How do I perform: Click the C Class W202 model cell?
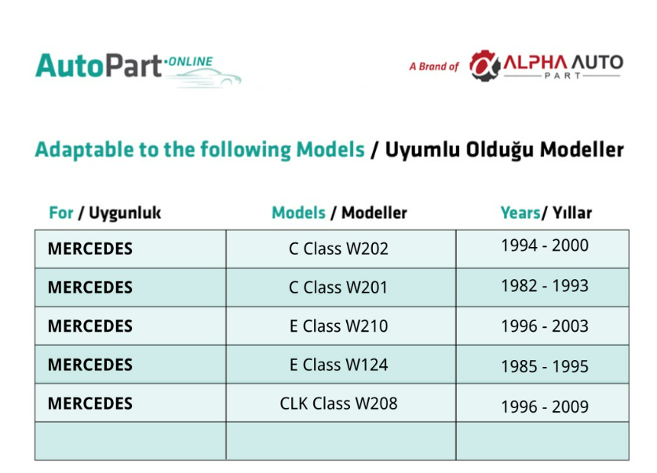click(x=338, y=249)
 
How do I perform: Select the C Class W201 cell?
click(x=338, y=287)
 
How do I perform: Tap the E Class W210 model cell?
click(x=338, y=326)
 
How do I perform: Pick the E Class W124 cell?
click(x=338, y=365)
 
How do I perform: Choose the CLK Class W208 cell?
click(x=338, y=403)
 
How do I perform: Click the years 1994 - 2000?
click(x=545, y=246)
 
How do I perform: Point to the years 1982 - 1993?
click(x=545, y=286)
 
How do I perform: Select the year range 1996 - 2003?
click(x=545, y=326)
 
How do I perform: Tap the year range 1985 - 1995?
click(x=545, y=366)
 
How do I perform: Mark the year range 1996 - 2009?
click(x=545, y=406)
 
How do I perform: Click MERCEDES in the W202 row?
click(x=90, y=249)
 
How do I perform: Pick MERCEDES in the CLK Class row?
click(x=90, y=403)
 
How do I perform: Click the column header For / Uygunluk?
click(x=104, y=213)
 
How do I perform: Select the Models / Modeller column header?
click(x=339, y=213)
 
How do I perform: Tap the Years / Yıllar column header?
click(x=546, y=213)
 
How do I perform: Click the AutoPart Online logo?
click(x=138, y=69)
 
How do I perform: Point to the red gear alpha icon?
click(x=485, y=65)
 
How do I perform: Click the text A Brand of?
click(x=434, y=67)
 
